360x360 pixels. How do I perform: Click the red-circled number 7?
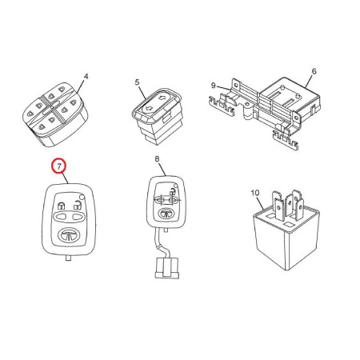[x=59, y=166]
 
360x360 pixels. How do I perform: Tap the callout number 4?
[x=86, y=77]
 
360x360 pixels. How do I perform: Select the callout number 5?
[x=137, y=82]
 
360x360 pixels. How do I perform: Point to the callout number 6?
[x=314, y=71]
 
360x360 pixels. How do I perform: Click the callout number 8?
[x=157, y=159]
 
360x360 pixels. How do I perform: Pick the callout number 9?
[x=213, y=86]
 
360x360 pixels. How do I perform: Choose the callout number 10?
[x=255, y=193]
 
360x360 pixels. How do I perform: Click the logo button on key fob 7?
[x=69, y=235]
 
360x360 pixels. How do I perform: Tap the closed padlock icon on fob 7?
[x=62, y=206]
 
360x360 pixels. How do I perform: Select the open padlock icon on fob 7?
[x=78, y=205]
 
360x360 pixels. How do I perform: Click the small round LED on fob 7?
[x=82, y=197]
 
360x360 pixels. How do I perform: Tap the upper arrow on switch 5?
[x=162, y=98]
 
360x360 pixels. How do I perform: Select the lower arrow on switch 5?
[x=147, y=108]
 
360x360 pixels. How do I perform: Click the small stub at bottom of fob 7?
[x=68, y=258]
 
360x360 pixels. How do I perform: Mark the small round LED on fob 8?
[x=175, y=186]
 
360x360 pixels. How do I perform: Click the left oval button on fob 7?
[x=62, y=216]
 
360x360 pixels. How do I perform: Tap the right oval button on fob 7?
[x=78, y=216]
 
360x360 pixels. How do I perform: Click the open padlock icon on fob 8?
[x=173, y=191]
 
